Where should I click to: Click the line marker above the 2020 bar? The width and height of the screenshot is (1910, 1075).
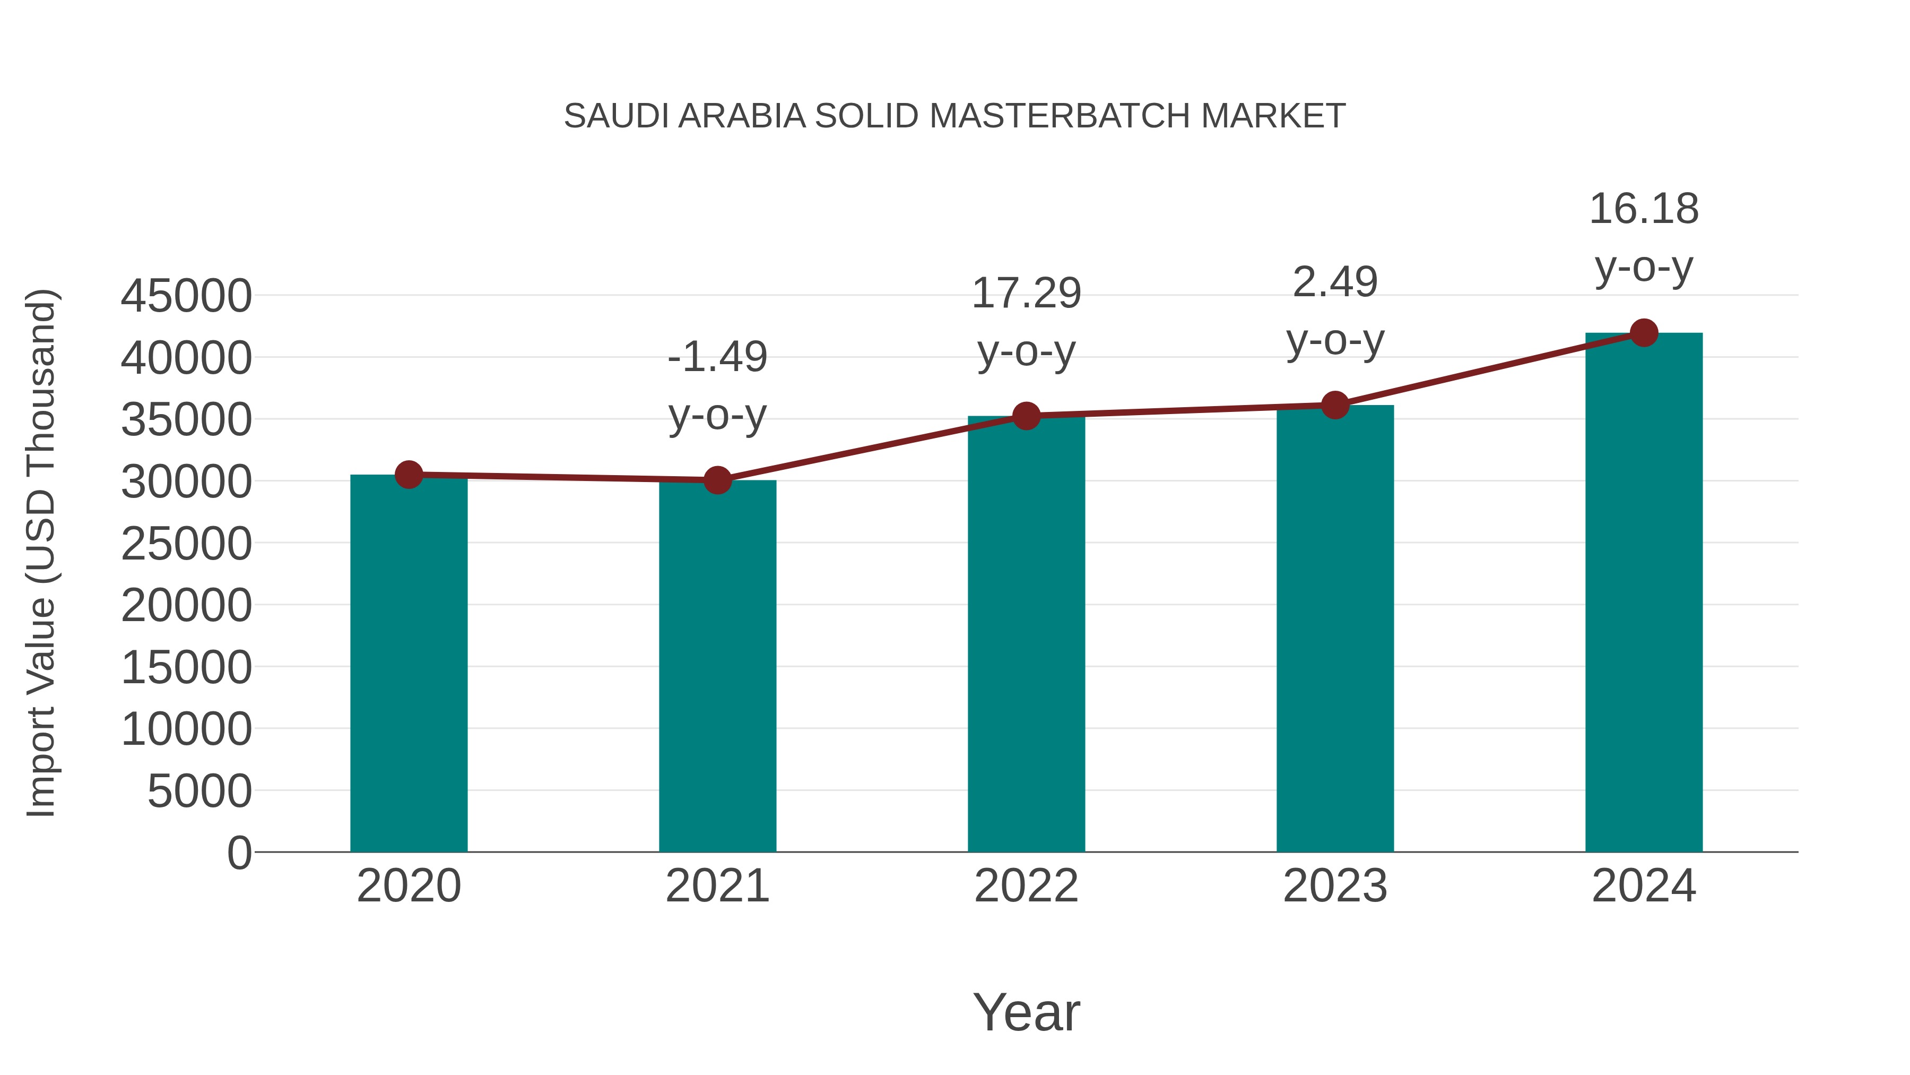pyautogui.click(x=409, y=474)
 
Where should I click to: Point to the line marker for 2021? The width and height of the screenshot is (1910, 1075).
pyautogui.click(x=717, y=480)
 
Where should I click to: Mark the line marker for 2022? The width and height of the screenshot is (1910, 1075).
pyautogui.click(x=1026, y=416)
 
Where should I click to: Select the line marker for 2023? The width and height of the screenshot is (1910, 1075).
pyautogui.click(x=1335, y=405)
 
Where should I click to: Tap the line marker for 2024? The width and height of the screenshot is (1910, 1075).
pyautogui.click(x=1644, y=333)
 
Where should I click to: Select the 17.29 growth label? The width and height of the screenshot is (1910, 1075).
pyautogui.click(x=1026, y=293)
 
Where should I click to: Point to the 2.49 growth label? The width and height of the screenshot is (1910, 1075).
pyautogui.click(x=1335, y=282)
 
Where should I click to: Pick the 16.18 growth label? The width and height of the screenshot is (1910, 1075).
pyautogui.click(x=1644, y=209)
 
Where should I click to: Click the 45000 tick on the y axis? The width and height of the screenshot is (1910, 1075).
pyautogui.click(x=186, y=296)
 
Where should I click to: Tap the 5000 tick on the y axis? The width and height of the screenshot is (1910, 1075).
pyautogui.click(x=199, y=791)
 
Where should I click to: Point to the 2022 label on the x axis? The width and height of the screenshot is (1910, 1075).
pyautogui.click(x=1026, y=886)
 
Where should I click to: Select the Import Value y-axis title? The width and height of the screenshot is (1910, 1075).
pyautogui.click(x=41, y=553)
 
